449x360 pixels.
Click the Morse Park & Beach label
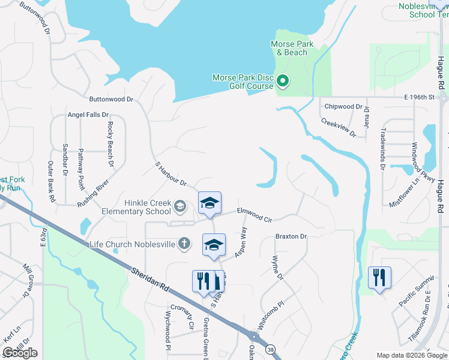pos(289,48)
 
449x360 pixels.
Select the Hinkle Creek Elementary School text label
pos(136,207)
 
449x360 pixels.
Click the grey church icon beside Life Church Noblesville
pos(184,244)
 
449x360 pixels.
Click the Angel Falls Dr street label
pos(88,115)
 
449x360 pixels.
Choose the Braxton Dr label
pos(291,236)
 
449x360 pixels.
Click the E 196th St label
pos(419,97)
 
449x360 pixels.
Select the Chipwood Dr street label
pos(343,107)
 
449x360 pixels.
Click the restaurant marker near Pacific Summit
pos(379,278)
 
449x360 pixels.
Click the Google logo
pos(20,353)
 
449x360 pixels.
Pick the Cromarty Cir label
pos(182,317)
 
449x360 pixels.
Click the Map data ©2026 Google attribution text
pos(412,355)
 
